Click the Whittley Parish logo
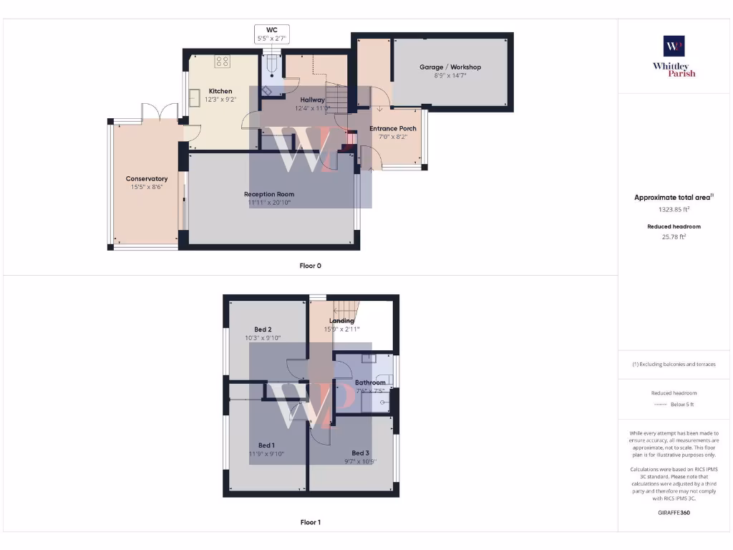pyautogui.click(x=674, y=56)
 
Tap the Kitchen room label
pyautogui.click(x=220, y=91)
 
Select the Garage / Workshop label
pyautogui.click(x=450, y=67)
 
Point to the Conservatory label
pyautogui.click(x=147, y=179)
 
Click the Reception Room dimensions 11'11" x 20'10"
pyautogui.click(x=269, y=203)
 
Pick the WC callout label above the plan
pyautogui.click(x=272, y=29)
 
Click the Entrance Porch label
pyautogui.click(x=393, y=129)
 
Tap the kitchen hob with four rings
pyautogui.click(x=221, y=62)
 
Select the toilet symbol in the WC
pyautogui.click(x=272, y=68)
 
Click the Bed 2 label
pyautogui.click(x=263, y=329)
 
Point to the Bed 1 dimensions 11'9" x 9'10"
pyautogui.click(x=266, y=453)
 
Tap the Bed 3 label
pyautogui.click(x=360, y=453)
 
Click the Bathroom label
pyautogui.click(x=370, y=382)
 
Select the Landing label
pyautogui.click(x=341, y=321)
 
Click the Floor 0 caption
pyautogui.click(x=310, y=266)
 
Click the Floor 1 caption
pyautogui.click(x=310, y=522)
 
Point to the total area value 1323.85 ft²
pyautogui.click(x=674, y=210)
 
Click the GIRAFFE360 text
pyautogui.click(x=674, y=513)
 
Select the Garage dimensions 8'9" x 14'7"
pyautogui.click(x=450, y=75)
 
